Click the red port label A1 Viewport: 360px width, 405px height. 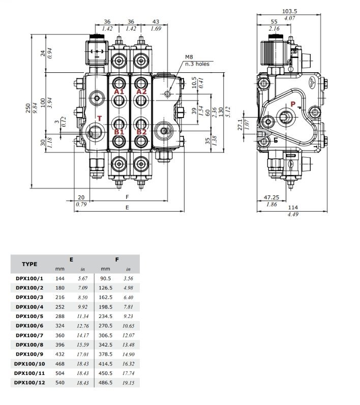coord(119,92)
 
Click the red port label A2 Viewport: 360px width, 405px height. coord(141,92)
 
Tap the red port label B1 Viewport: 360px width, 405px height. coord(119,131)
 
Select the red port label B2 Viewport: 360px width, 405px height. coord(141,131)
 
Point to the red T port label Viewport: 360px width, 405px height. coord(100,118)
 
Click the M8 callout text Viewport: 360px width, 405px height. coord(189,57)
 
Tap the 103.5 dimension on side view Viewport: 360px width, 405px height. coord(289,11)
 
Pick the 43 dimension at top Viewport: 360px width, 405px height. coord(155,22)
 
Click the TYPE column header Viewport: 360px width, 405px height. coord(29,264)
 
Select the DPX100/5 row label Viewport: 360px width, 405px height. coord(29,315)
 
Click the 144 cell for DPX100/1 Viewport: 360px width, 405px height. coord(61,278)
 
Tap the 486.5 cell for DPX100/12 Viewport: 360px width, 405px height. coord(106,382)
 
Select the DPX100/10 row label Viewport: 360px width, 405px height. coord(29,363)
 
